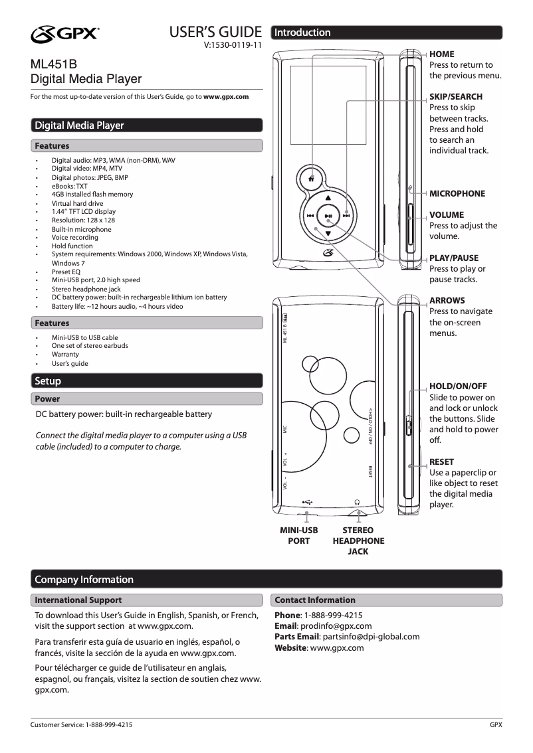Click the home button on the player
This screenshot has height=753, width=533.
311,178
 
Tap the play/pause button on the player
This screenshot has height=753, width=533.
328,215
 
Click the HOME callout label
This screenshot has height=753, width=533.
442,54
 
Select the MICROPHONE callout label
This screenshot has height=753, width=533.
457,193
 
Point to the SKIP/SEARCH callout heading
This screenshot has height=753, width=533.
456,96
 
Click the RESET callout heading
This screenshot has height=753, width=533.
442,461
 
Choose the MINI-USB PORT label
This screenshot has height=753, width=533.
298,536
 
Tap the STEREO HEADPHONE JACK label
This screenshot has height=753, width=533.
358,541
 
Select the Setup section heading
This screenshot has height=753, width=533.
48,381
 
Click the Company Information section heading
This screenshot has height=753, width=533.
84,580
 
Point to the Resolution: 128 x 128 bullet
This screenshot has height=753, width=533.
83,220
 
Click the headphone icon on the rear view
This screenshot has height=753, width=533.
358,502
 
